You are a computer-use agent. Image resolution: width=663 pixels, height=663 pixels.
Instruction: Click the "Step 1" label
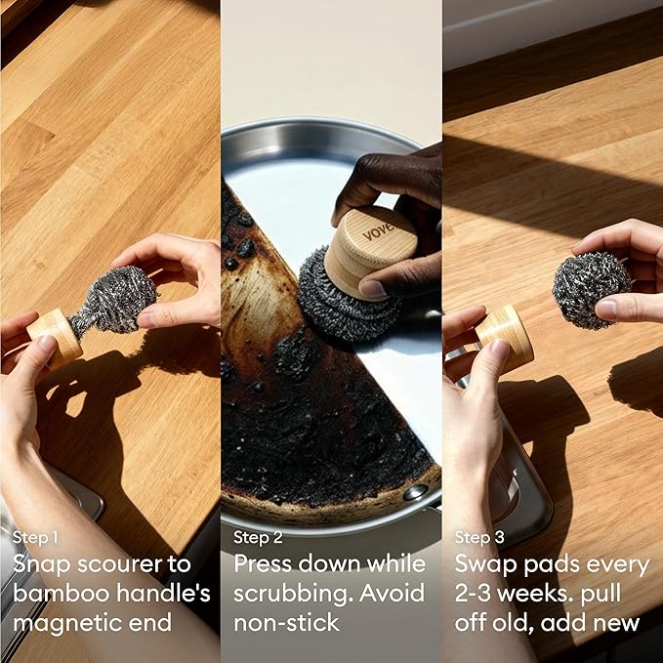click(x=35, y=537)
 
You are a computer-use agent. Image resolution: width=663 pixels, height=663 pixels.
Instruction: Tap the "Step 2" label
click(x=258, y=537)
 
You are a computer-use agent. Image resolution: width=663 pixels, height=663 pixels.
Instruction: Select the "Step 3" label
click(x=479, y=537)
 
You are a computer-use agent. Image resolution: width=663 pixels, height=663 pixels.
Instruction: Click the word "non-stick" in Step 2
click(x=287, y=622)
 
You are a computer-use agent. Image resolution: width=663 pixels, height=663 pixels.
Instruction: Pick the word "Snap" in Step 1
click(x=42, y=565)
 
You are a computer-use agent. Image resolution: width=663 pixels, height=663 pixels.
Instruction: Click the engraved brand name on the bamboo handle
click(x=378, y=230)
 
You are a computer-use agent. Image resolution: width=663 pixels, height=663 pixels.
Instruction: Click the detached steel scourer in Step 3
click(x=591, y=290)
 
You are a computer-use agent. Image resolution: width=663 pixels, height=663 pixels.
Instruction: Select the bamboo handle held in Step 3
click(x=505, y=338)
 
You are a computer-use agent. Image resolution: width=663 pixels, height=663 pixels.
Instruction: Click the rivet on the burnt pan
click(x=415, y=492)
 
